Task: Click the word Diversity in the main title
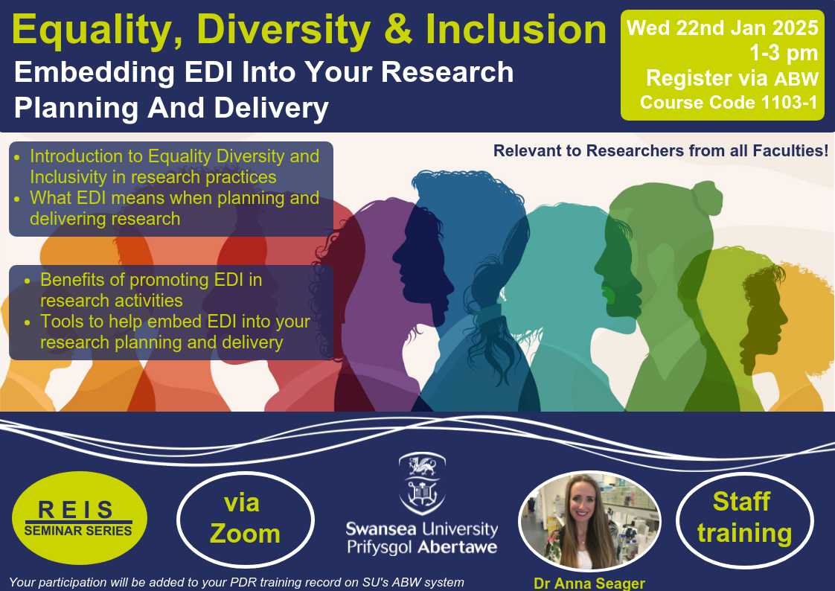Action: (284, 31)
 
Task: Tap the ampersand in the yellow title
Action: (398, 30)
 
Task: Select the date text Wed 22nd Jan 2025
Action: (722, 28)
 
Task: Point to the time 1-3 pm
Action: (784, 54)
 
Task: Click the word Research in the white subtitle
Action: (447, 72)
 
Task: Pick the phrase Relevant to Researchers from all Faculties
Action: (661, 150)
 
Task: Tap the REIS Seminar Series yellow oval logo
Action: (80, 517)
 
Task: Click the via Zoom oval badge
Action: (245, 519)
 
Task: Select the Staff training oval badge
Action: (744, 519)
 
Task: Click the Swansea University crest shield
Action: (422, 483)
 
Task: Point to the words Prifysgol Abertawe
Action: (422, 547)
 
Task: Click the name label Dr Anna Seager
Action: (589, 583)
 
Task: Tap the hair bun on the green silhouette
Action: (707, 197)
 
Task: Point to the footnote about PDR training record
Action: (237, 583)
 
